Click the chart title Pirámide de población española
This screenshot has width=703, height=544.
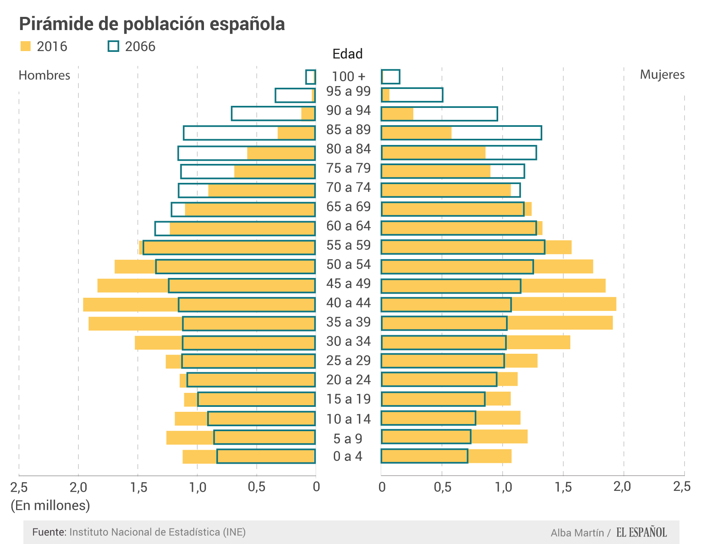152,24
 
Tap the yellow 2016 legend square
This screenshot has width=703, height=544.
26,46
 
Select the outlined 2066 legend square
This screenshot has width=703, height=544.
113,46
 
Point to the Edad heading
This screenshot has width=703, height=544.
347,54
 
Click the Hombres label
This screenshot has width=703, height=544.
45,75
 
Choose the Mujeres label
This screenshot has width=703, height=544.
662,75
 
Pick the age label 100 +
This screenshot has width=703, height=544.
349,77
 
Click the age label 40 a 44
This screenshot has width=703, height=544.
349,303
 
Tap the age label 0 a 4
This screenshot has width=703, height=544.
348,456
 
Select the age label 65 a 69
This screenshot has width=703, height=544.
349,207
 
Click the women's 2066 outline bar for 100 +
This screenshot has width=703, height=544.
391,77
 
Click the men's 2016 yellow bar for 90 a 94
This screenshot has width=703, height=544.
308,114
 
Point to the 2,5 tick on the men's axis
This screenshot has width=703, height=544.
19,487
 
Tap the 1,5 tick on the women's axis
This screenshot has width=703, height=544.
563,487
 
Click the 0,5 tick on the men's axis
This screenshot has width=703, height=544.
257,487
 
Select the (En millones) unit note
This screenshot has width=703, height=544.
50,505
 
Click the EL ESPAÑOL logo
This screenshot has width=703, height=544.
642,532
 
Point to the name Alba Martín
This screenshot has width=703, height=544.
577,533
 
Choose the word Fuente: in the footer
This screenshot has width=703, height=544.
49,532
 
